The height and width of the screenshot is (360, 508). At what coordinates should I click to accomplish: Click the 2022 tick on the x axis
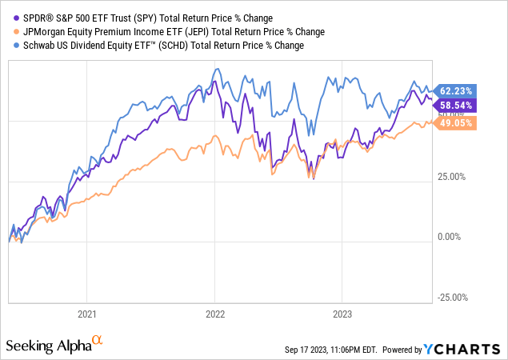[214, 313]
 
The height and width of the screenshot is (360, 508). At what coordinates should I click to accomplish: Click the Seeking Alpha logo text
[48, 346]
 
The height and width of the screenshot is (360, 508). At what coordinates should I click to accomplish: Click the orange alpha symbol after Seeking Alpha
[98, 341]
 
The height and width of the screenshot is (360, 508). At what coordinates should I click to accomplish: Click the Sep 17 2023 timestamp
[329, 350]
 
